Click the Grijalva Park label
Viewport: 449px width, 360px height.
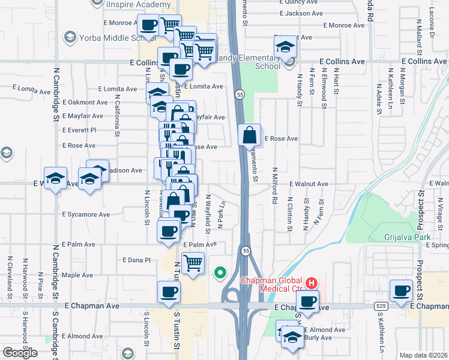408,237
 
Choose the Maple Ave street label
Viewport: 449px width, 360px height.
77,275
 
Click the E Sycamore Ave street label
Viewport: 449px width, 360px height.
86,214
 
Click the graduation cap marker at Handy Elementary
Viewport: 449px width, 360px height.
286,46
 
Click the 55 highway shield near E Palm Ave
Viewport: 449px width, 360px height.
246,250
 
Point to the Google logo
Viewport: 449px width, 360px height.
20,353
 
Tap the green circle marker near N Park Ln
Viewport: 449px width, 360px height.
220,274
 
